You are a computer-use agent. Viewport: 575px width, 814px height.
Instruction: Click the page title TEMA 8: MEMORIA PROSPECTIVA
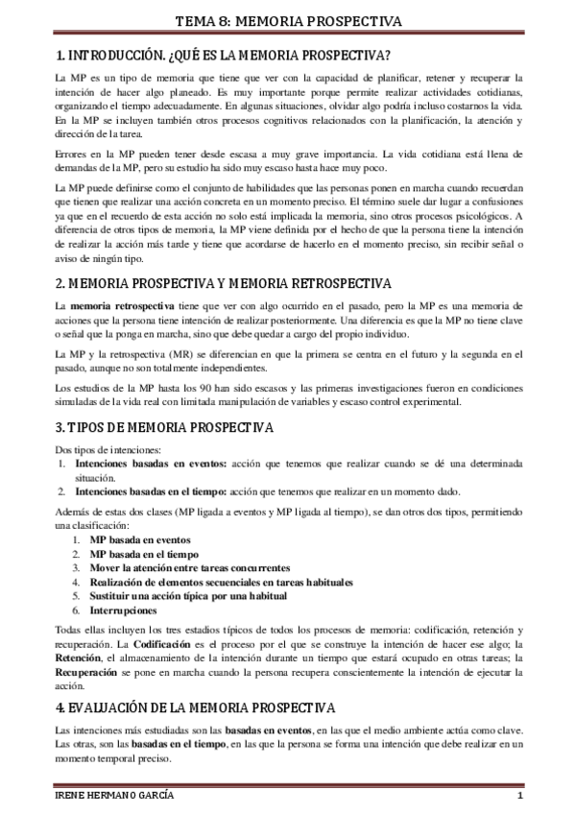287,21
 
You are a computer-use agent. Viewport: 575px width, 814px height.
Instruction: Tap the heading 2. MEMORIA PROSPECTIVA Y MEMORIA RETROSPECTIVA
222,283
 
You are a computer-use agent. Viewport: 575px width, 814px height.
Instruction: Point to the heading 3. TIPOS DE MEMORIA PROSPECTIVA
163,425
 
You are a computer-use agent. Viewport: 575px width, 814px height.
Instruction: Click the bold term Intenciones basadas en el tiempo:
150,491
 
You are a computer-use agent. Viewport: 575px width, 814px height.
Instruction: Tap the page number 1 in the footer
518,799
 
